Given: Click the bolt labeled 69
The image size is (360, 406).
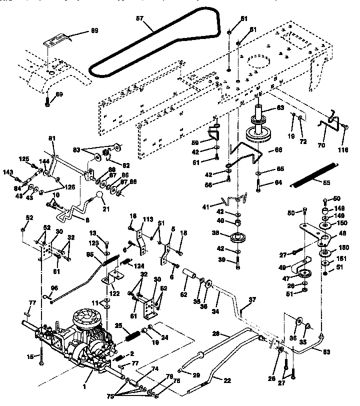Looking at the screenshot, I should [x=46, y=102].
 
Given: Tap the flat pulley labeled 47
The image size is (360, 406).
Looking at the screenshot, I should [x=303, y=273].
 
